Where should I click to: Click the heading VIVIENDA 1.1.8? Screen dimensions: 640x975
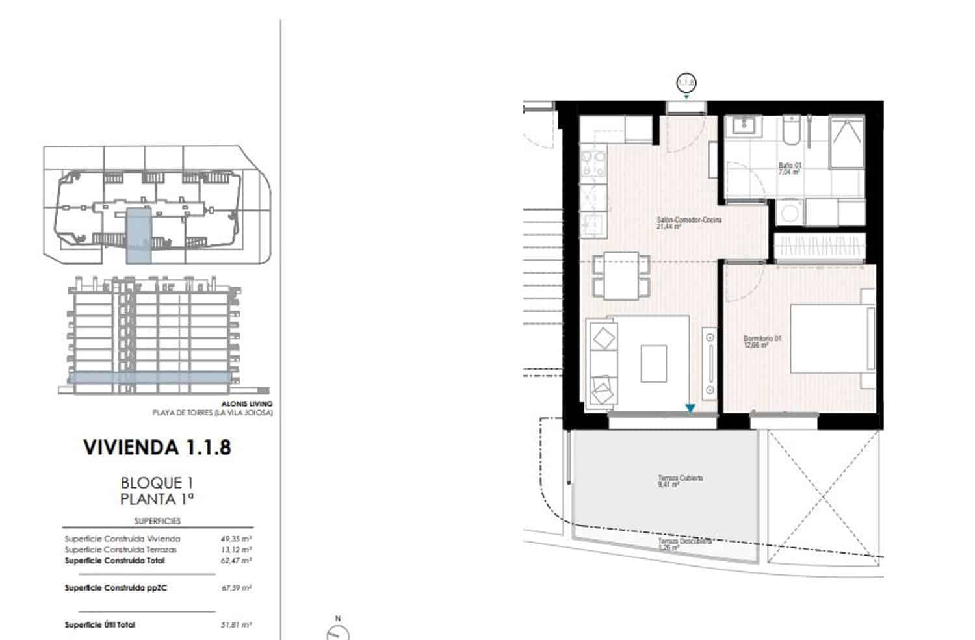(x=157, y=448)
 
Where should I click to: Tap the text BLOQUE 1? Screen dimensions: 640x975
(x=157, y=483)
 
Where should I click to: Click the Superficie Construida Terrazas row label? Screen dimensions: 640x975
(x=120, y=550)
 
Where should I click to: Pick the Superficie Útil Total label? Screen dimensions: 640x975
(x=100, y=625)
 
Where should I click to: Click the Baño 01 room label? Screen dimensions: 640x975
(x=790, y=169)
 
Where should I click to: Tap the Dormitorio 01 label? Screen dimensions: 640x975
(x=762, y=341)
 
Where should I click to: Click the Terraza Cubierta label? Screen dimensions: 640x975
(x=680, y=481)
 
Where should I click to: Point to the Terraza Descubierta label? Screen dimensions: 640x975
(x=684, y=544)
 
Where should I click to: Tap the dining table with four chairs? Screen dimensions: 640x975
(x=621, y=276)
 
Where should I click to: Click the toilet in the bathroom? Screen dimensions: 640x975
(x=791, y=132)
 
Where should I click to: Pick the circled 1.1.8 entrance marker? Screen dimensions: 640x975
(x=686, y=83)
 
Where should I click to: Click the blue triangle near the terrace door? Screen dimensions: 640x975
(x=690, y=409)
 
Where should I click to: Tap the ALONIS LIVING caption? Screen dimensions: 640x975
(x=247, y=404)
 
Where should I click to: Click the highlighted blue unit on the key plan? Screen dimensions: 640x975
(x=138, y=235)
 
